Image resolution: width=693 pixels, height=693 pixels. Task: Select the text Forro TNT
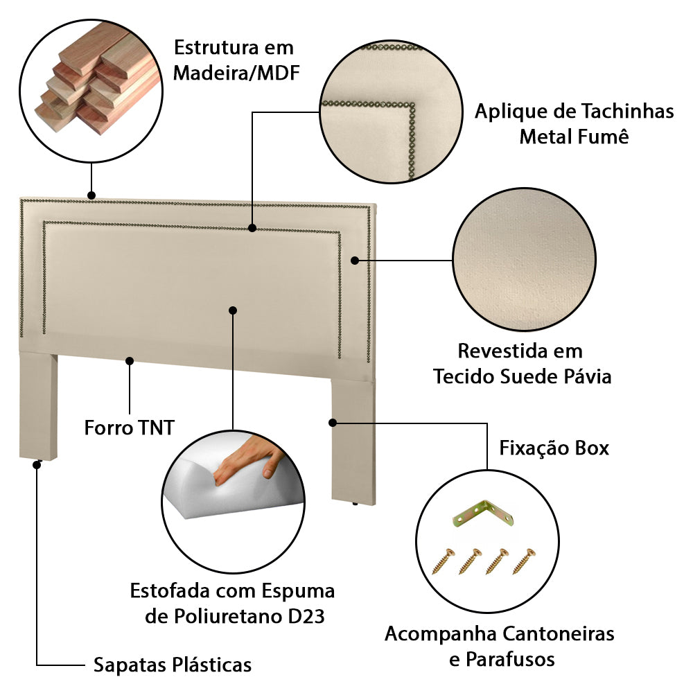(129, 427)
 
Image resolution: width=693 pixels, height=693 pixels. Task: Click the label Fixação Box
(554, 448)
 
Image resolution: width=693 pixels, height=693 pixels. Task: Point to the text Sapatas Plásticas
(172, 665)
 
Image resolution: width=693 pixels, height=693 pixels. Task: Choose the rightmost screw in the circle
(525, 560)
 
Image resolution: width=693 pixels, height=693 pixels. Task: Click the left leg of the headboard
(38, 405)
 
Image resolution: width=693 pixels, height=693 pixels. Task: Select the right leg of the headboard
(353, 440)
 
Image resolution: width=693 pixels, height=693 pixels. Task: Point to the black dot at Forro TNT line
(129, 360)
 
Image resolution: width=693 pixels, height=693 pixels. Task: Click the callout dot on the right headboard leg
(333, 421)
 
